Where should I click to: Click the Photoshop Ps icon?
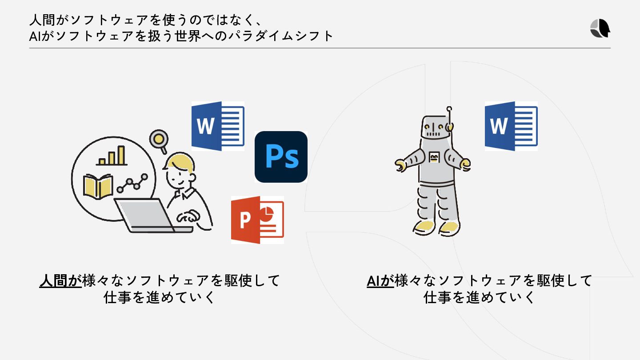tap(281, 156)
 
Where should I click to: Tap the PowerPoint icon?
tap(257, 220)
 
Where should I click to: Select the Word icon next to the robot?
tap(511, 126)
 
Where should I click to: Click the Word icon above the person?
tap(218, 126)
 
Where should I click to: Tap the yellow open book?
tap(98, 186)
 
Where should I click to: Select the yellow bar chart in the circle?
tap(112, 156)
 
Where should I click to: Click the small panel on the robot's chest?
tap(434, 156)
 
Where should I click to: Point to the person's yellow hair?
tap(179, 162)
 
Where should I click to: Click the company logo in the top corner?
tap(600, 29)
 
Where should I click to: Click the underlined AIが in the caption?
tap(380, 281)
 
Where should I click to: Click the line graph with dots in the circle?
tap(132, 183)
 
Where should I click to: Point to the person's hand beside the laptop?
tap(188, 216)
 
